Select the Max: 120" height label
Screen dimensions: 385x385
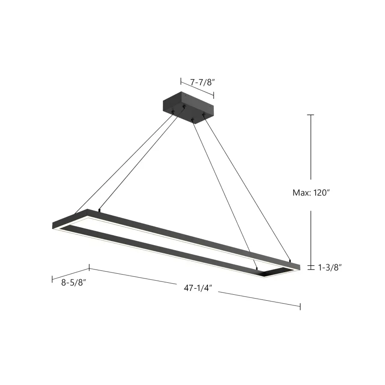click(311, 192)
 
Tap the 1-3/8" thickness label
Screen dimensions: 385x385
click(330, 267)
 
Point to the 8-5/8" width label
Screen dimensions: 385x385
click(74, 283)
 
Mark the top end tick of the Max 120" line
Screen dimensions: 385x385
click(311, 115)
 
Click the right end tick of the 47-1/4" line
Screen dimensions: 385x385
click(300, 306)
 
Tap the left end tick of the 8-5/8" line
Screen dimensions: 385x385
click(52, 278)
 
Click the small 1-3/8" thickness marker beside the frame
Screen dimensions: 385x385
click(311, 267)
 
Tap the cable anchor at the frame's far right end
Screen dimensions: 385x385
click(290, 260)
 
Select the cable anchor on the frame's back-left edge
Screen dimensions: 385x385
click(99, 210)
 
